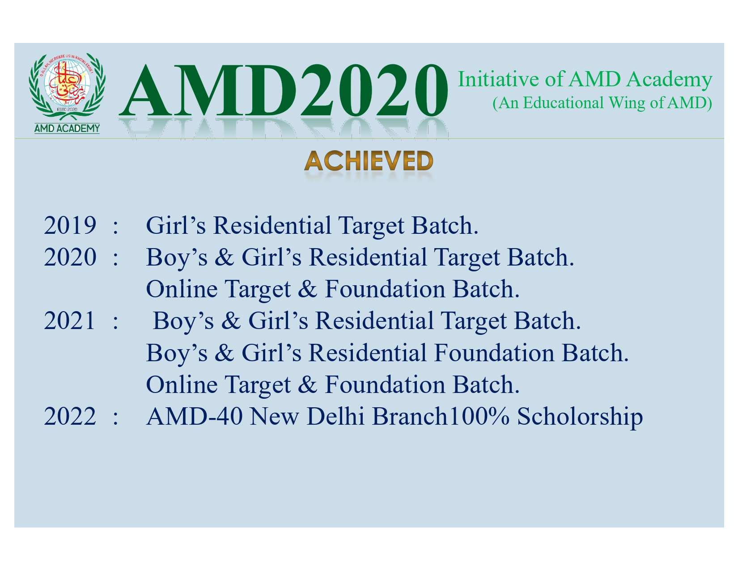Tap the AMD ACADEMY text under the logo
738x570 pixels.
[x=67, y=128]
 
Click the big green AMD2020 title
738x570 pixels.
[x=284, y=91]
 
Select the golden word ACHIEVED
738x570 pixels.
[x=369, y=161]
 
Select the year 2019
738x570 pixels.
[x=70, y=225]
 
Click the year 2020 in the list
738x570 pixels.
[x=70, y=257]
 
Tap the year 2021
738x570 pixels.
[x=69, y=321]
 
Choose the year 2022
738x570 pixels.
[x=70, y=416]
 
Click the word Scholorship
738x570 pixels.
[x=580, y=417]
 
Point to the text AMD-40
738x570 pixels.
[x=194, y=416]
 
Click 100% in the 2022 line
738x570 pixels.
[x=479, y=416]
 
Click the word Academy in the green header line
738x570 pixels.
[x=669, y=80]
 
